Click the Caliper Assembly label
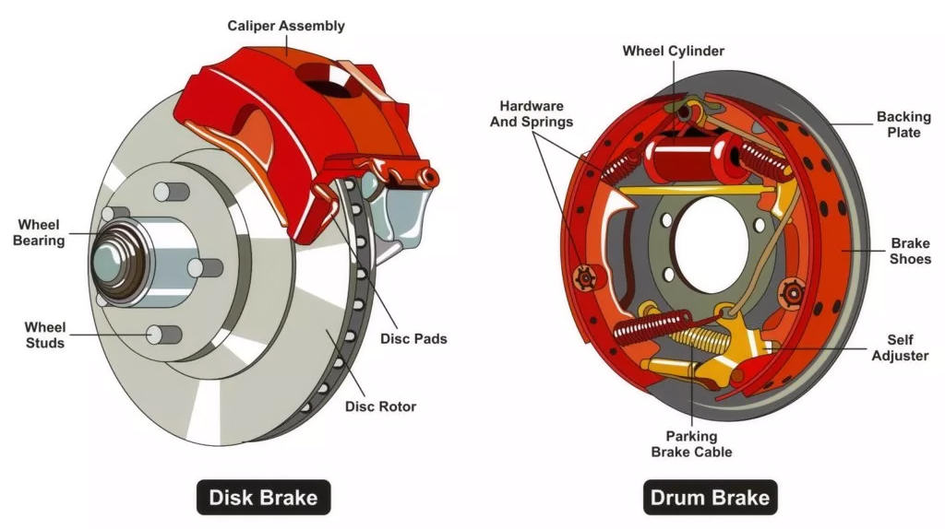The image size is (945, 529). (x=286, y=26)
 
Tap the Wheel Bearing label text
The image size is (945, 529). (x=39, y=232)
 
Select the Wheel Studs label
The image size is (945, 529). (x=44, y=335)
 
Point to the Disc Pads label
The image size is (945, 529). (x=413, y=338)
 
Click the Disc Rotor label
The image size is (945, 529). (x=380, y=406)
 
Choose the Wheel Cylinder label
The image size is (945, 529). (x=673, y=51)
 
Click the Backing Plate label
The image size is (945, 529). (x=898, y=124)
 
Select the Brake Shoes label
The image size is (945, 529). (x=910, y=251)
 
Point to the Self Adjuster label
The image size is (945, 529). (x=900, y=347)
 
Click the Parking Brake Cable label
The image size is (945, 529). (x=691, y=443)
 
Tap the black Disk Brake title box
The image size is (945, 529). (x=263, y=499)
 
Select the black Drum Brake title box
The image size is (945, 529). (x=710, y=499)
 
